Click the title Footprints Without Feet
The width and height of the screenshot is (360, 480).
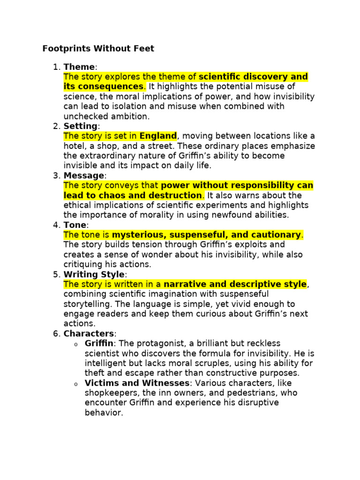coord(98,49)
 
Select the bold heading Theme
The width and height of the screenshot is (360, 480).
coord(79,67)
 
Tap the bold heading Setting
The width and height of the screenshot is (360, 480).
coord(80,126)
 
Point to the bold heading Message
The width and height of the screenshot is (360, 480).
coord(84,175)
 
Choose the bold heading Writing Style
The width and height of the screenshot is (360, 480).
coord(94,274)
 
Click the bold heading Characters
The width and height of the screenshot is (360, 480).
coord(89,333)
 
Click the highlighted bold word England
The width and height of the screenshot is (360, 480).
coord(158,136)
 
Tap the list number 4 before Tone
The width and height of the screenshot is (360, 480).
coord(56,225)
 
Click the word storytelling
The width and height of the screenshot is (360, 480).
coord(86,304)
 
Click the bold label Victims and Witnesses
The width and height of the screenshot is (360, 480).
coord(136,383)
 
